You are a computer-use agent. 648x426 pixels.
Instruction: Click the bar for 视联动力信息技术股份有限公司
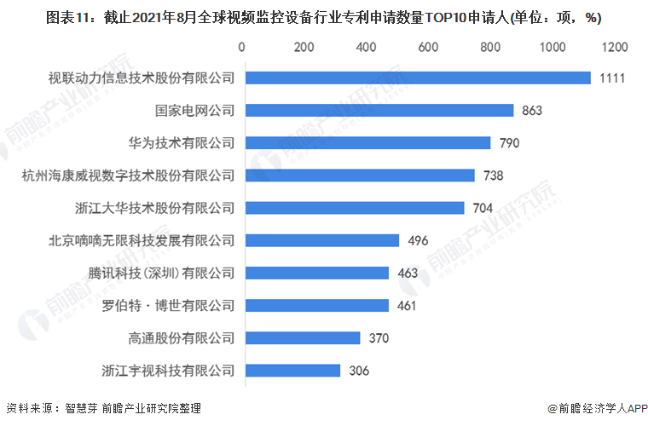click(x=416, y=78)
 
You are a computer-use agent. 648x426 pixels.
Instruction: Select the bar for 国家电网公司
click(x=378, y=110)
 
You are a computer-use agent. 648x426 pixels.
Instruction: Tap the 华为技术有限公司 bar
click(x=367, y=142)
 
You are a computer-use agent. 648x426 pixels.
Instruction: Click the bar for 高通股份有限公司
click(x=301, y=338)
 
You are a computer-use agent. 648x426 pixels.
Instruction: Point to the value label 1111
click(x=612, y=78)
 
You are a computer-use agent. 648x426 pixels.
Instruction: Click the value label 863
click(x=532, y=110)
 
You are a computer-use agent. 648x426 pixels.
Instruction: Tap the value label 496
click(x=418, y=240)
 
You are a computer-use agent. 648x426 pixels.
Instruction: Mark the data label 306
click(x=359, y=371)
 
